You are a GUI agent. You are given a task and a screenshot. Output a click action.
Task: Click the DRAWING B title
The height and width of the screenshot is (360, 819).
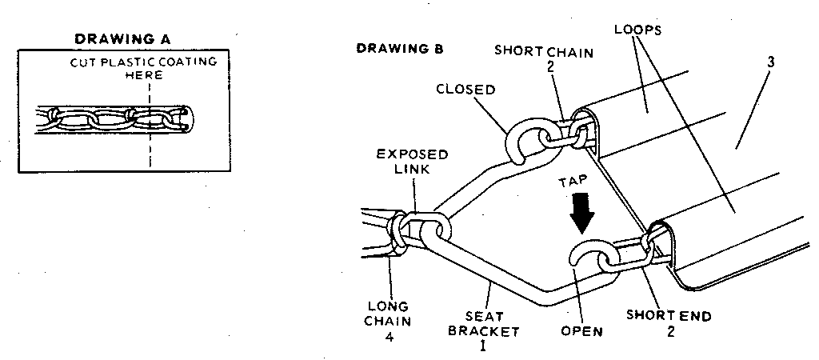pos(399,49)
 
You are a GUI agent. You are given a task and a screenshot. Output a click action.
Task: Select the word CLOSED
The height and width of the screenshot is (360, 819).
pos(465,90)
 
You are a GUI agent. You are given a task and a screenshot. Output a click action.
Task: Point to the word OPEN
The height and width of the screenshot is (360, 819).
pos(582,330)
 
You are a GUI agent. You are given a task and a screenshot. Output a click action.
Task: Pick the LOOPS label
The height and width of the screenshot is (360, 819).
pos(637,30)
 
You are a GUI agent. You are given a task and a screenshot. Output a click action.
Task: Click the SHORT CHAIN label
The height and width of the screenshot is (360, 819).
pos(544,52)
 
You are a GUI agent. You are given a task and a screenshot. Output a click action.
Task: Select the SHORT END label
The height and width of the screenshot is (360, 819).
pos(669,315)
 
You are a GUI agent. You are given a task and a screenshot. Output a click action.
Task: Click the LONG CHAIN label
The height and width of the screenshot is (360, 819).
pos(388,314)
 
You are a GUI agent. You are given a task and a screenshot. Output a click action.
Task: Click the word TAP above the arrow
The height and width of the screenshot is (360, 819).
pos(582,183)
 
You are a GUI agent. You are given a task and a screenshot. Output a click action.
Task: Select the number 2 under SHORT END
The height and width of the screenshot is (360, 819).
pos(669,331)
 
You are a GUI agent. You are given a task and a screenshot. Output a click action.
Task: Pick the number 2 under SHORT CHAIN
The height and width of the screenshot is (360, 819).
pos(551,67)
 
